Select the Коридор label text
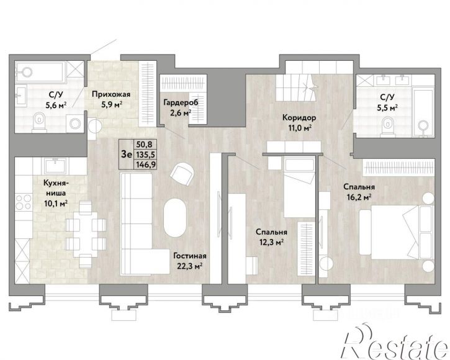299,117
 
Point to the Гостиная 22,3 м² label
190,261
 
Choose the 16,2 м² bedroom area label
358,197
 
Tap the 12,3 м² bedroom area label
270,243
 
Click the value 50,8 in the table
145,144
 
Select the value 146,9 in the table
145,164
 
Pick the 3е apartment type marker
126,155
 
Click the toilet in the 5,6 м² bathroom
40,122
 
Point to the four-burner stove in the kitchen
24,202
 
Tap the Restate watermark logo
395,343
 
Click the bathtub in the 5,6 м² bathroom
40,71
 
